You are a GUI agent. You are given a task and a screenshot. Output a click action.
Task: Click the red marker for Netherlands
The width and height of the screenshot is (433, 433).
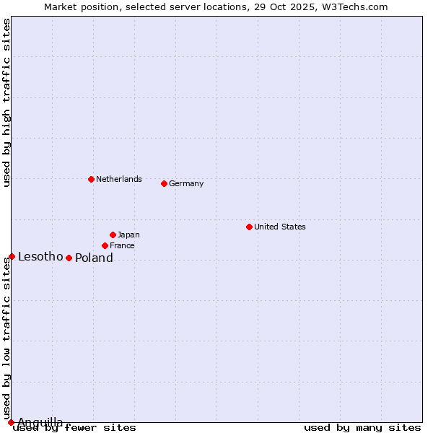point(91,179)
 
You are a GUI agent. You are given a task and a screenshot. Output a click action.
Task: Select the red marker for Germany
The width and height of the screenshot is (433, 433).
point(164,183)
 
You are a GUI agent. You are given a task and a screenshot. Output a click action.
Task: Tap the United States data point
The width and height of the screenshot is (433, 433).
point(249,227)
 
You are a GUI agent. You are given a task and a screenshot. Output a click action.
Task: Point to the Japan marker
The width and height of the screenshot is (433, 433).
point(113,235)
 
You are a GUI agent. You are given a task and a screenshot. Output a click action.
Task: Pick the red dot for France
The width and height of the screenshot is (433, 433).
point(105,245)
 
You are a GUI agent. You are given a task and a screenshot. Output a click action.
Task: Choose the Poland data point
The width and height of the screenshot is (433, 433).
point(69,258)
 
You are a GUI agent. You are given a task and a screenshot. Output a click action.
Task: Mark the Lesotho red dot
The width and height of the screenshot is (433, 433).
point(12,256)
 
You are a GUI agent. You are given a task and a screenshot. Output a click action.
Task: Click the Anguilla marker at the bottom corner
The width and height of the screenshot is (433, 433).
point(11,422)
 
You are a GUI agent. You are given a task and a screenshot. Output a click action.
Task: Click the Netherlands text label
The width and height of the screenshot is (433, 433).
point(119,179)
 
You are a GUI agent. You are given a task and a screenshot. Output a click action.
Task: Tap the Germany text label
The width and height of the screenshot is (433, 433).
point(186,183)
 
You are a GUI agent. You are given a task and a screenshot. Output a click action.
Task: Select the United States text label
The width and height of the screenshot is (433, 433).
point(280,227)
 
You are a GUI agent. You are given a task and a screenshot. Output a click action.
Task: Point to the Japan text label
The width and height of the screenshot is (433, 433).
point(128,235)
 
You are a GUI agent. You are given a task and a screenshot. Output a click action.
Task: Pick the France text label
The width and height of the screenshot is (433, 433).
point(122,245)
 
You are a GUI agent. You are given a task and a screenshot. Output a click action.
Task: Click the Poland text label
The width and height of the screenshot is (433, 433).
point(94,258)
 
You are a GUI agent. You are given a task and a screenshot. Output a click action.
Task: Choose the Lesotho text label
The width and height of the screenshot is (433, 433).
point(40,256)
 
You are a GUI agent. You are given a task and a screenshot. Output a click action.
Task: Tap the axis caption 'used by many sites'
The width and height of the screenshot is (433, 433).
point(362,427)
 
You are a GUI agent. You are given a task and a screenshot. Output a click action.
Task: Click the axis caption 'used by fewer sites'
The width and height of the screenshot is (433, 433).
point(75,427)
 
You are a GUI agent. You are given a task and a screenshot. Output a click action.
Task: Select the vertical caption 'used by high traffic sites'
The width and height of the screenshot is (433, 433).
point(6,102)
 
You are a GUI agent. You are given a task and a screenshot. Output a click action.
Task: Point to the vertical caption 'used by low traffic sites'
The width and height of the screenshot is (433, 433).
point(6,338)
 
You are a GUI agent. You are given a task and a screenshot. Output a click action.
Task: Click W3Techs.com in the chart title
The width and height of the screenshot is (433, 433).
point(354,6)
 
